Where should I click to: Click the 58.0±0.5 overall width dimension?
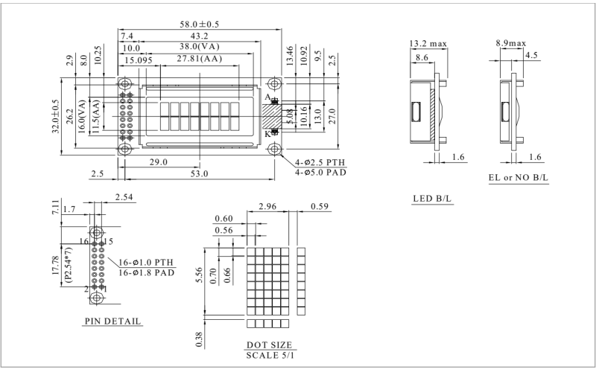[x=199, y=25]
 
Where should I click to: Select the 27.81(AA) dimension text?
[x=200, y=59]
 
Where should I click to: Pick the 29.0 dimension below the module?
[x=159, y=161]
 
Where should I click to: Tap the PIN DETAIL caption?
[x=112, y=321]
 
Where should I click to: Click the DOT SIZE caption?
[x=269, y=346]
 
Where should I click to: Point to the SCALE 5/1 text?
[x=269, y=356]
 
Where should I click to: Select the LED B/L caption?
[x=433, y=199]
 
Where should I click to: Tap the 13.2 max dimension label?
[x=428, y=44]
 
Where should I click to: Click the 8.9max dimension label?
[x=510, y=44]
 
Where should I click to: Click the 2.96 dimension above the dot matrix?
[x=267, y=206]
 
